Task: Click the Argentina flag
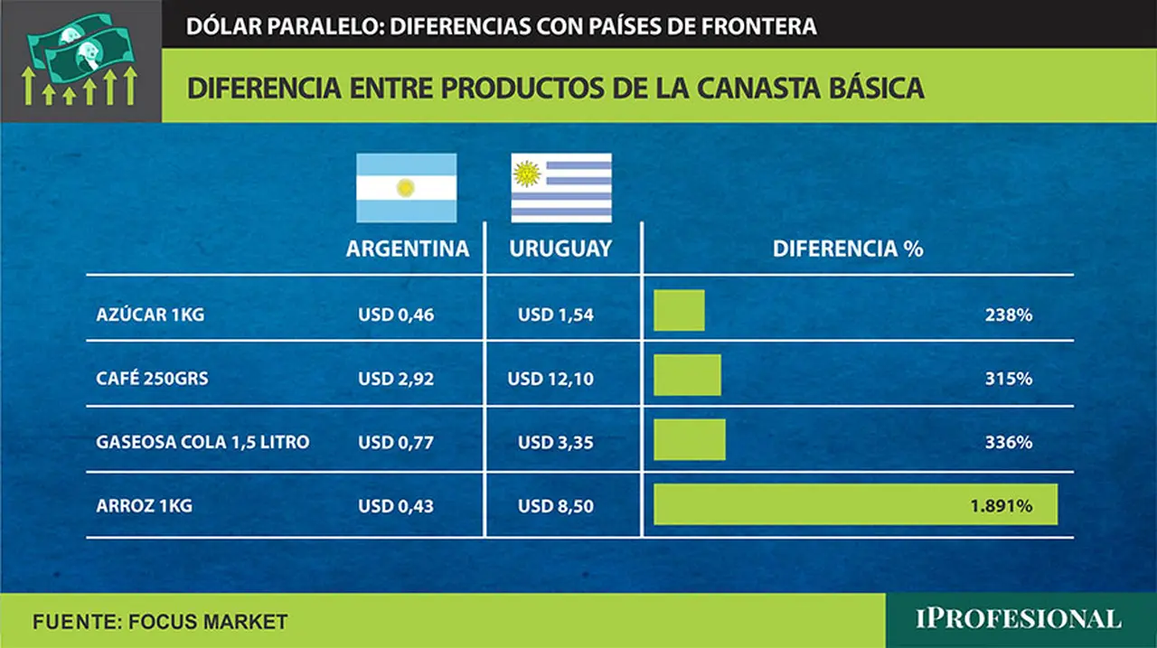click(x=407, y=188)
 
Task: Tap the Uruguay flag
click(x=561, y=188)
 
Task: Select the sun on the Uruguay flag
click(x=527, y=174)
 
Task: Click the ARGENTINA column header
click(x=408, y=249)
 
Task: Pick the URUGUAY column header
click(x=560, y=249)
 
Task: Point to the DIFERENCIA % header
click(x=848, y=249)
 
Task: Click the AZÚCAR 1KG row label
click(x=150, y=315)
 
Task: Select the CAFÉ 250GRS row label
click(x=153, y=379)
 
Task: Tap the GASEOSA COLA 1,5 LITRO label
click(x=203, y=442)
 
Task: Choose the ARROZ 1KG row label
click(x=144, y=505)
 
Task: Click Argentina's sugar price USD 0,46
click(x=396, y=315)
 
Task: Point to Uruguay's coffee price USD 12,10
click(x=550, y=379)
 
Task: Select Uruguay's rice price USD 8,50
click(x=556, y=506)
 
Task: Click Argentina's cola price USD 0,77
click(x=396, y=443)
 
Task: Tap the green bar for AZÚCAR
click(x=679, y=310)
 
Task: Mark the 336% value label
click(x=1009, y=443)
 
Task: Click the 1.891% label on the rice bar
click(x=1002, y=506)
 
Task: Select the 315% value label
click(x=1009, y=379)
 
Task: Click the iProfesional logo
click(x=1019, y=619)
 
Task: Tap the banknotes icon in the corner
click(x=80, y=60)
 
